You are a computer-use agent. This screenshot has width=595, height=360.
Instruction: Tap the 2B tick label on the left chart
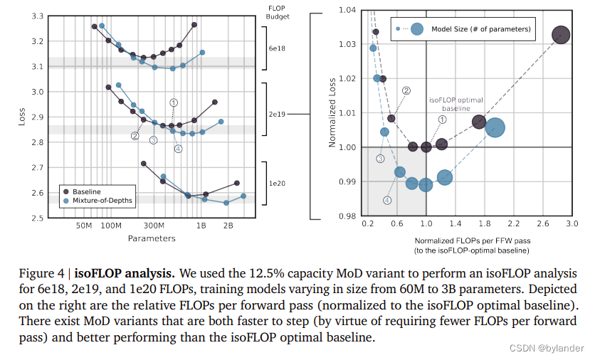coord(228,226)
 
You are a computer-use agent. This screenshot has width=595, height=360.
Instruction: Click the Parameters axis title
coord(152,238)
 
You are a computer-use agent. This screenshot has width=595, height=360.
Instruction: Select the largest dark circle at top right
coord(561,35)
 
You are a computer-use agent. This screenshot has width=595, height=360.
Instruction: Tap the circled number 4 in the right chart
coord(387,201)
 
